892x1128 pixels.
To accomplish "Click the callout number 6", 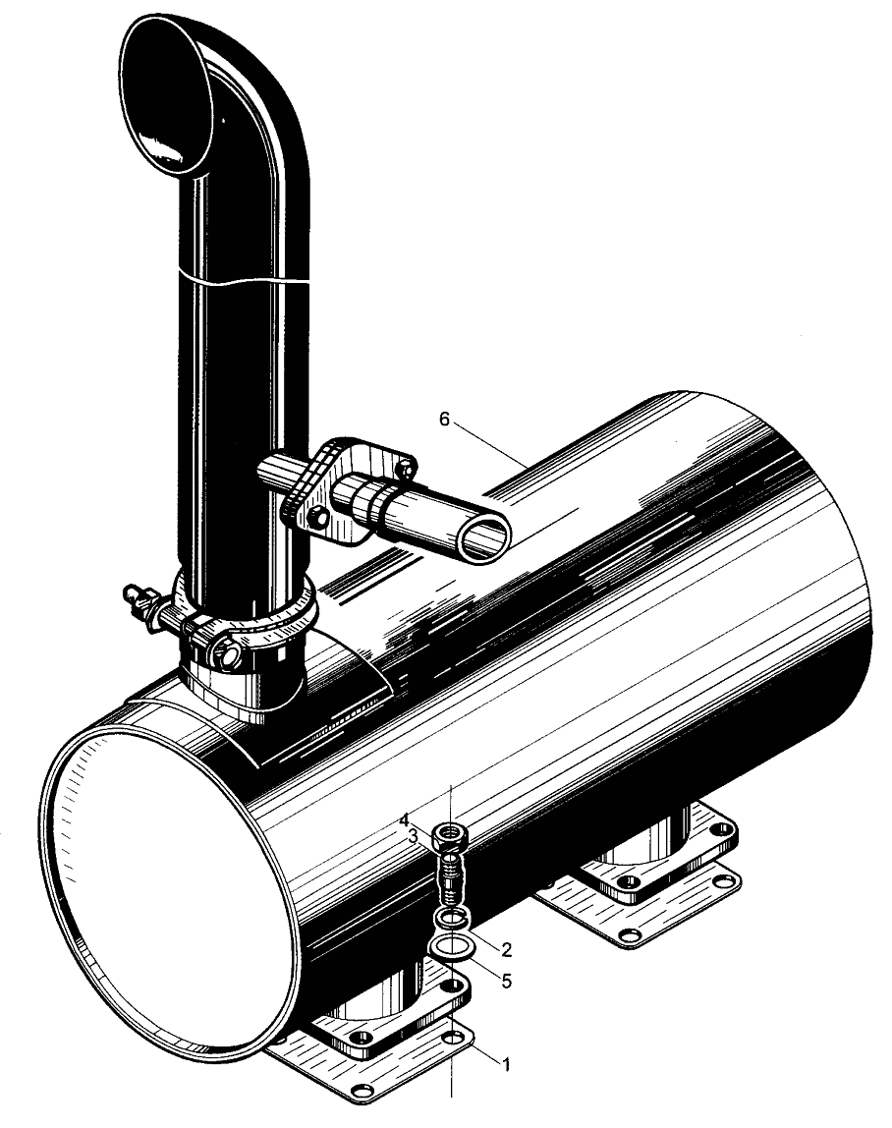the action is click(x=444, y=420).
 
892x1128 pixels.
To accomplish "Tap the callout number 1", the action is click(x=506, y=1064).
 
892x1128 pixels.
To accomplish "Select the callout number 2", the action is click(x=507, y=950).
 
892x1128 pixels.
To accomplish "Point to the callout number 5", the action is click(x=507, y=981).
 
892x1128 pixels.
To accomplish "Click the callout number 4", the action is click(x=405, y=820).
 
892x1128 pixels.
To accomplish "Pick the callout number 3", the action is click(x=413, y=836).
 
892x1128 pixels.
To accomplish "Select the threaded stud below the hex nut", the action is click(x=450, y=879).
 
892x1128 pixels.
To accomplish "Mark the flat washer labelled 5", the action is click(x=450, y=947).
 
